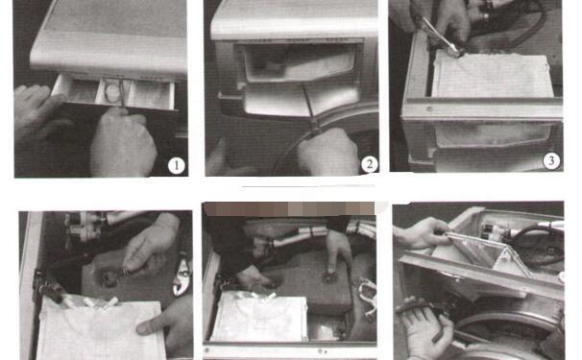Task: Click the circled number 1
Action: [x=176, y=166]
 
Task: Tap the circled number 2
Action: [x=369, y=164]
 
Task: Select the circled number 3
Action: [x=551, y=161]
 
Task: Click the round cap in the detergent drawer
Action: [x=111, y=92]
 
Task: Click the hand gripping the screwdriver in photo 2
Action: [x=327, y=152]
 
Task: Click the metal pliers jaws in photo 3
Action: [x=439, y=36]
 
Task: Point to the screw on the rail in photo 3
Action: [x=429, y=108]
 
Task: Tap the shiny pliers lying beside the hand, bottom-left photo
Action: [x=182, y=275]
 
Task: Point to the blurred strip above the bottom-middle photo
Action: [x=288, y=209]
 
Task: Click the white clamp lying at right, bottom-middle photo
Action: [x=369, y=298]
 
